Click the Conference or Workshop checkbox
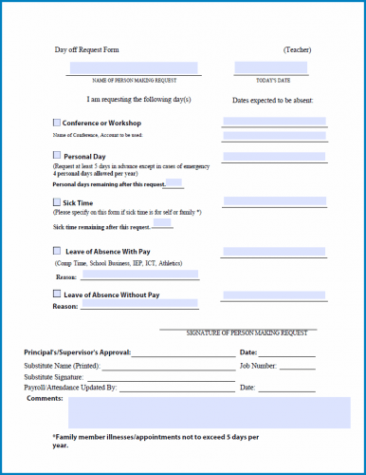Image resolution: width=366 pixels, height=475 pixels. pos(57,123)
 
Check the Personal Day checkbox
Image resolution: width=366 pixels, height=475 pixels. pos(57,155)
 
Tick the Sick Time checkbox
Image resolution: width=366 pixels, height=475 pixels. pos(57,202)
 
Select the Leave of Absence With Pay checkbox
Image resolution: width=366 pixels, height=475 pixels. pos(57,251)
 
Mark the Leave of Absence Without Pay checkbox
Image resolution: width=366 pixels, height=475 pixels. pos(57,295)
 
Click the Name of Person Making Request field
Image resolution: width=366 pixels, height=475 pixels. pos(134,67)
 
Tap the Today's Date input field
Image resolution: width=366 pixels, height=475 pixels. pos(271,67)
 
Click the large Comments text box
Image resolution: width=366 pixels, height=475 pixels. pos(209,412)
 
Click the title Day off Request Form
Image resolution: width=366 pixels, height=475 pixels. pos(87,48)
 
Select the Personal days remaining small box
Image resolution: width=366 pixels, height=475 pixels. pos(174,182)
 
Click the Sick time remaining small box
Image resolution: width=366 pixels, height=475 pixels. pos(162,224)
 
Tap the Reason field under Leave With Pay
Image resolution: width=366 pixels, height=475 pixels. pos(140,275)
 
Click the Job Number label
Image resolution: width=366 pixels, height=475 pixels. pos(258,365)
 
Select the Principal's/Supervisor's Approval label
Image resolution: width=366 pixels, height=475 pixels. pos(78,352)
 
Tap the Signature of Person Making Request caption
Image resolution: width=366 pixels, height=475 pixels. pos(247,332)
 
